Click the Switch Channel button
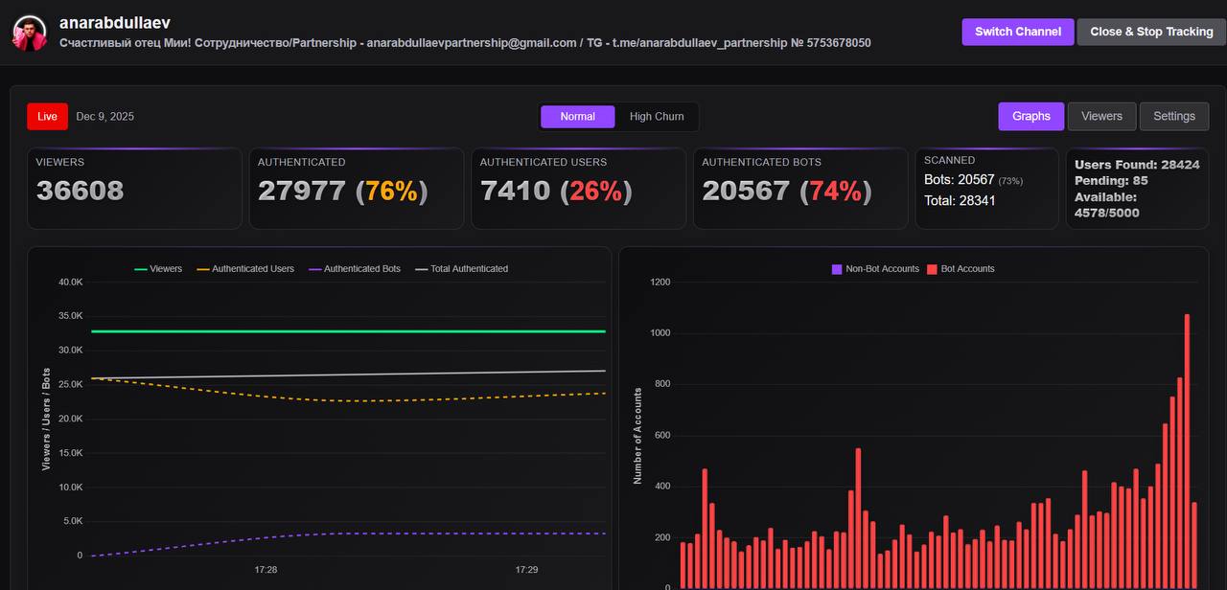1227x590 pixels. pos(1018,32)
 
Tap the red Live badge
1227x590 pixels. pos(48,116)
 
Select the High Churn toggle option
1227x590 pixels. pos(657,116)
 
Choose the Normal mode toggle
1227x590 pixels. pos(577,116)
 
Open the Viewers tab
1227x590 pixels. pos(1101,116)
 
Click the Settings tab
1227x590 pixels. pos(1174,116)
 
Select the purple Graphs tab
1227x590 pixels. pos(1031,116)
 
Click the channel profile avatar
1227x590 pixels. pos(30,34)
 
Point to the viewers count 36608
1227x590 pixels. pos(81,191)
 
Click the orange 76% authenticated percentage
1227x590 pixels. pos(391,191)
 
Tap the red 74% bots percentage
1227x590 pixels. pos(835,191)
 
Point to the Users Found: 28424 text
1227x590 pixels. pos(1137,165)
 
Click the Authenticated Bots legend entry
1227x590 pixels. pos(361,269)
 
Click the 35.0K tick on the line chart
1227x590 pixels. pos(71,316)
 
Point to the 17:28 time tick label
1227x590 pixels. pos(266,570)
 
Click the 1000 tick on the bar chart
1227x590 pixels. pos(660,333)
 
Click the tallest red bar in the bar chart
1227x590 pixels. pos(1187,450)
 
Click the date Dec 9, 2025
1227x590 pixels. pos(105,116)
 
